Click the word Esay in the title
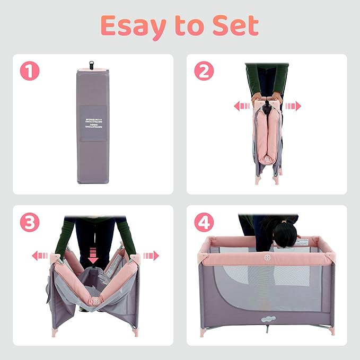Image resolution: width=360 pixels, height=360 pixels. pos(128,25)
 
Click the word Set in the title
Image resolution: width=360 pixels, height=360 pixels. pos(237,25)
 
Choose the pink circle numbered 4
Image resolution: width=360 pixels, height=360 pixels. pos(203,223)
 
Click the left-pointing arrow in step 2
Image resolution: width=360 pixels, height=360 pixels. pos(242,106)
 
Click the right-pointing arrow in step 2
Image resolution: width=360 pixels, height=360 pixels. pos(293,106)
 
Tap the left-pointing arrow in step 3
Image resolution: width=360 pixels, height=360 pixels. pos(40,256)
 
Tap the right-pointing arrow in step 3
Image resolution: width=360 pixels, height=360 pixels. pos(151,256)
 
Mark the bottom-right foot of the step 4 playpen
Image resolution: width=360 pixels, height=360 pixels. pos(332,331)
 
